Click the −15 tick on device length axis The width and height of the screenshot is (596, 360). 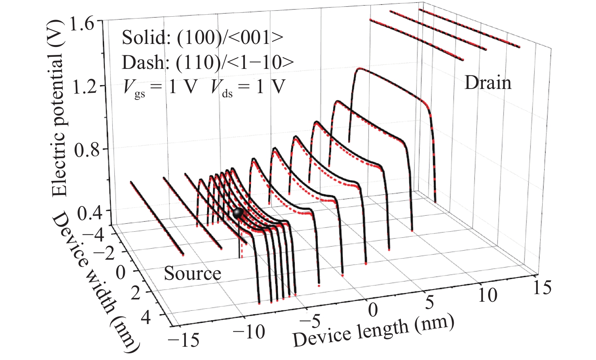183,340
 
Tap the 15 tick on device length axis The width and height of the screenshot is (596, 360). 542,288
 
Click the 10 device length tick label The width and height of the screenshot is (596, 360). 487,295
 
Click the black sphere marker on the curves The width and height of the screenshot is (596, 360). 238,213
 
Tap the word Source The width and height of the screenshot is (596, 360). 192,274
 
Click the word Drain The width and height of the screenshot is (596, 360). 488,83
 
